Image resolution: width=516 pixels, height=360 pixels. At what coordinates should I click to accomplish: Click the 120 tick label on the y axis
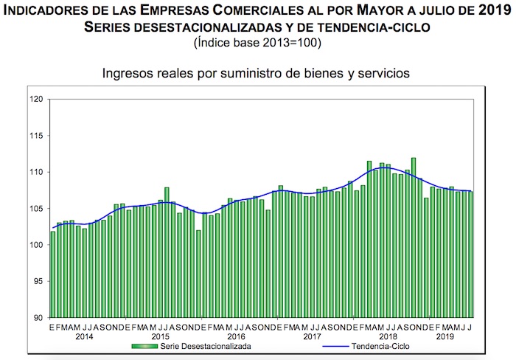pos(35,99)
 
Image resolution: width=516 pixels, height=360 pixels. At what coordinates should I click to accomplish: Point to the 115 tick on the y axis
pos(35,136)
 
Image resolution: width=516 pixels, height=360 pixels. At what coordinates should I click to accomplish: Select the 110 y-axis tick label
pos(35,172)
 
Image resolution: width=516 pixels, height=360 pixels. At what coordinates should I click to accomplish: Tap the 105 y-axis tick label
pos(35,209)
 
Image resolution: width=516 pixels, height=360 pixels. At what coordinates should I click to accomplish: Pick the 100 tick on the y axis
pos(35,245)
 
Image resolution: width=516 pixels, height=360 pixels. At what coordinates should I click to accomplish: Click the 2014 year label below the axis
pos(84,336)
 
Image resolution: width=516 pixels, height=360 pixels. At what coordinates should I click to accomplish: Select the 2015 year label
pos(160,336)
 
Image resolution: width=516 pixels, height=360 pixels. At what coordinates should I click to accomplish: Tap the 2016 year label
pos(236,336)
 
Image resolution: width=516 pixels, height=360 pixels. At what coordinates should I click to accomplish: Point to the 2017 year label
pos(312,336)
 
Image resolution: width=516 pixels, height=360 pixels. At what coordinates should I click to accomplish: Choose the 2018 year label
pos(388,336)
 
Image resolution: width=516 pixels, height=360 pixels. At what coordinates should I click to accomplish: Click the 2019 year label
pos(444,336)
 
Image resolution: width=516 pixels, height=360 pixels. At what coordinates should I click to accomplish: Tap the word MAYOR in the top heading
pos(321,11)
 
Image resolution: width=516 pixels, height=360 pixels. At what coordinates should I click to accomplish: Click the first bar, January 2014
pos(53,274)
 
